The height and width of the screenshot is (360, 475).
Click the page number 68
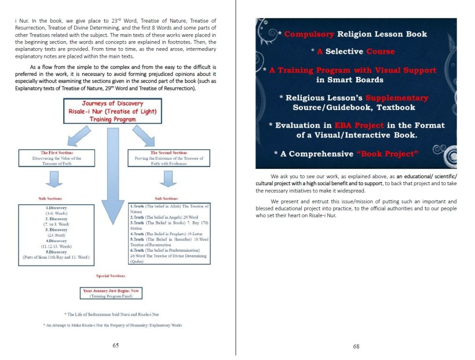click(356, 347)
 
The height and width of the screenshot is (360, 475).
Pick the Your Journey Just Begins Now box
click(108, 293)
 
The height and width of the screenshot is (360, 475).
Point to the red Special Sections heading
click(108, 276)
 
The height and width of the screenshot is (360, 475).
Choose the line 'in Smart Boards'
click(356, 79)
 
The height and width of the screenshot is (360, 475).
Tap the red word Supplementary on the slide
click(399, 97)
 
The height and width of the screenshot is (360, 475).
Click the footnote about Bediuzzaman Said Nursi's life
click(108, 313)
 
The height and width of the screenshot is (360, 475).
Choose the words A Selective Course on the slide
click(345, 52)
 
